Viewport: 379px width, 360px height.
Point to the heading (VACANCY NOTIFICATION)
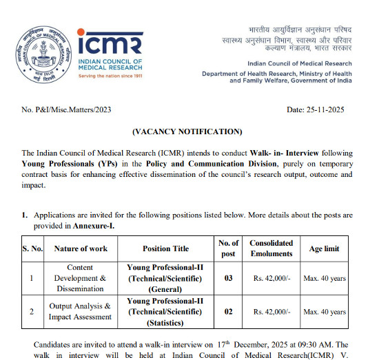pos(187,131)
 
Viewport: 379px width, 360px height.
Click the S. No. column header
pos(33,248)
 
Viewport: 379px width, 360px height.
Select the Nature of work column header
pos(81,248)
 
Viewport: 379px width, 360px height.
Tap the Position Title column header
pos(166,248)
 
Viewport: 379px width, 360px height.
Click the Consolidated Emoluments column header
pos(271,248)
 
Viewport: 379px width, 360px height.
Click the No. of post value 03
pos(228,279)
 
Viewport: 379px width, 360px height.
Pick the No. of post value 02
pos(228,312)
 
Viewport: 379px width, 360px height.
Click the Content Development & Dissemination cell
pos(81,279)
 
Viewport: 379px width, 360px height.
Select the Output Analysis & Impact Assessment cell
pos(80,312)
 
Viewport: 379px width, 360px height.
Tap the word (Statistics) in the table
pos(166,322)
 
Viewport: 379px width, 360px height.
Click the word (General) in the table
pos(166,290)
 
